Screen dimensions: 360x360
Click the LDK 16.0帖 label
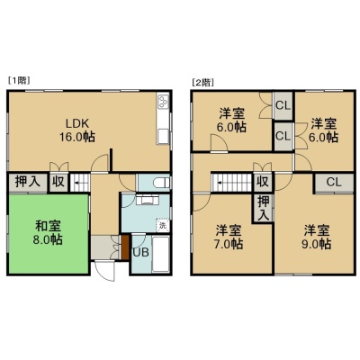click(77, 130)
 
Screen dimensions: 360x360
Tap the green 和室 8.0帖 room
click(48, 234)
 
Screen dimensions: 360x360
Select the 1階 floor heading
click(20, 80)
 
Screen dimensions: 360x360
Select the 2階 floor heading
click(202, 83)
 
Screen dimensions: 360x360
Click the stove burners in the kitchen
click(164, 102)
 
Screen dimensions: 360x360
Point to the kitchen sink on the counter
click(164, 136)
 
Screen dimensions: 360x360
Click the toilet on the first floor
click(161, 182)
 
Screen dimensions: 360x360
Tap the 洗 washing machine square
click(163, 225)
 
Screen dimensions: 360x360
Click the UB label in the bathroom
click(140, 252)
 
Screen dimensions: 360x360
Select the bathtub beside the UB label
click(161, 254)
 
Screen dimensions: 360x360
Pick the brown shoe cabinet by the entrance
click(125, 247)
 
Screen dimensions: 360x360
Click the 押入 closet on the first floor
click(28, 182)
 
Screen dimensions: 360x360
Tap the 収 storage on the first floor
click(58, 182)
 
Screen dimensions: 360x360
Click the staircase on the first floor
click(80, 183)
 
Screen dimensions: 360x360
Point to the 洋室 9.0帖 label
click(317, 238)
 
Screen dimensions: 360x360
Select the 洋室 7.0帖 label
click(229, 237)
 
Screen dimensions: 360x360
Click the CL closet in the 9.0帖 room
click(334, 183)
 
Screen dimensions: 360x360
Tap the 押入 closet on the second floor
click(264, 208)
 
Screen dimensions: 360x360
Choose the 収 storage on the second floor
click(263, 182)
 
